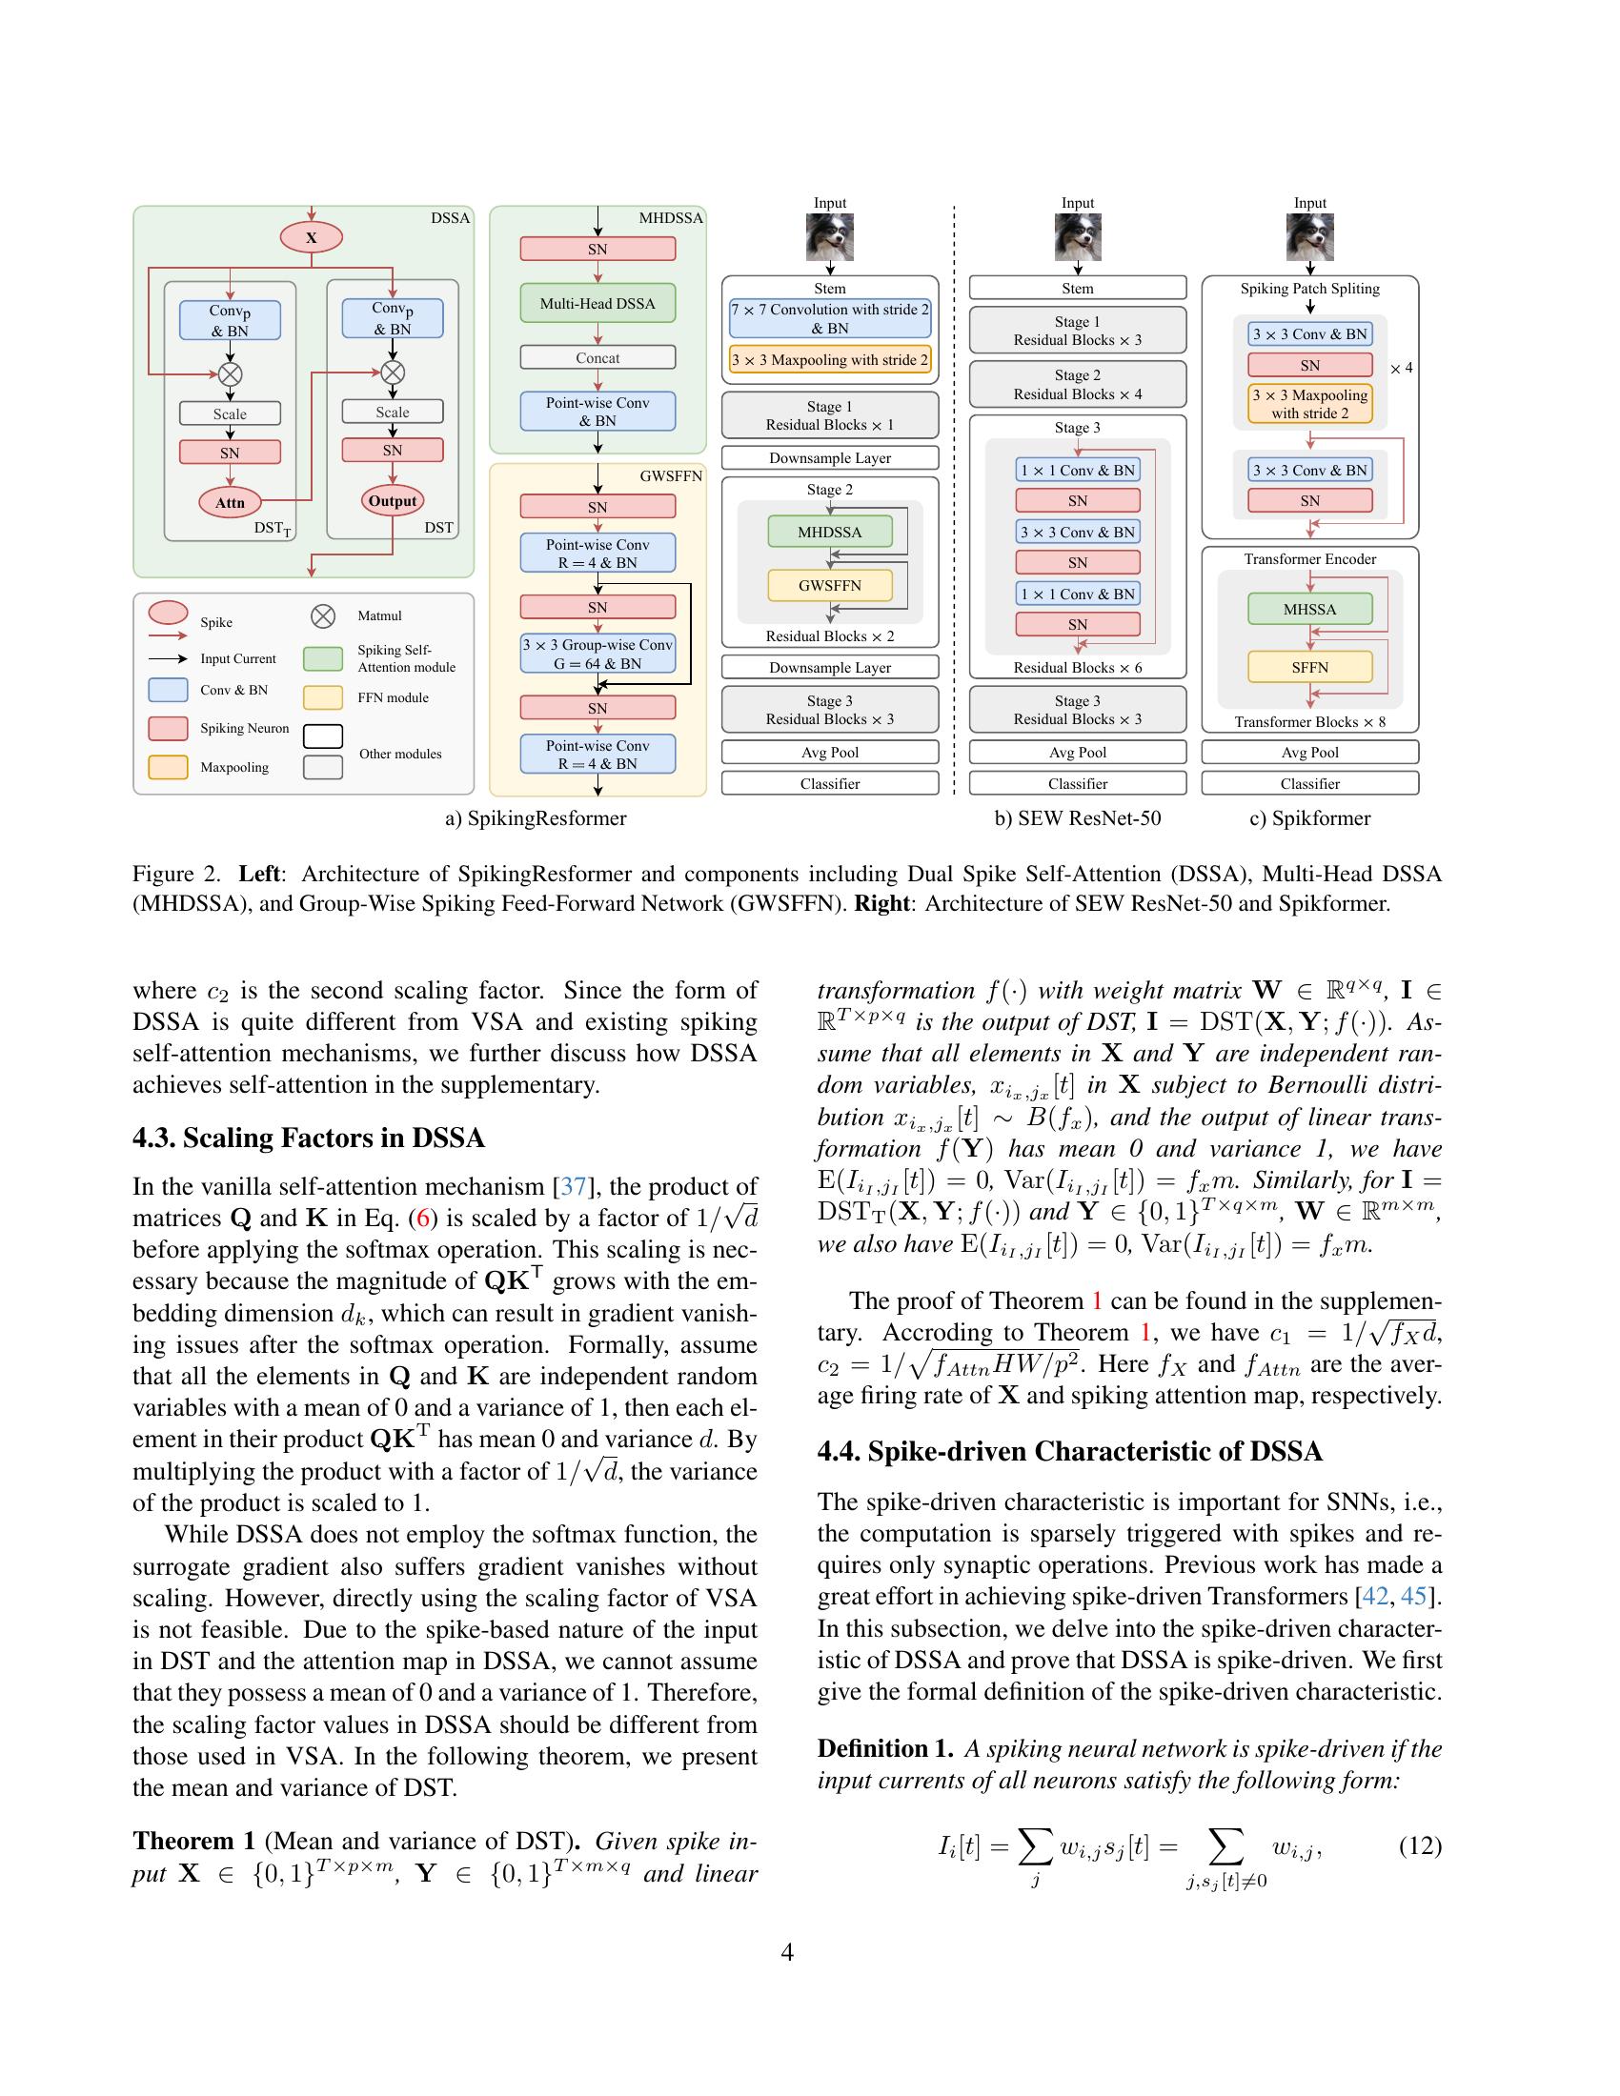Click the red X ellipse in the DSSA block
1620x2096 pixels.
(x=311, y=237)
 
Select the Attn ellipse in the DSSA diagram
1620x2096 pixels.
(x=230, y=502)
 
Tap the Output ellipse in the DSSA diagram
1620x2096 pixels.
(x=393, y=500)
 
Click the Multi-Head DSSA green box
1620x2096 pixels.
(x=597, y=303)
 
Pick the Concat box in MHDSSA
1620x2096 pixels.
(x=597, y=357)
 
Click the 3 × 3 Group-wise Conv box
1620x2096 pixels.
(x=597, y=654)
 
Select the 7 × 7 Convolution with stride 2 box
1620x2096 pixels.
(x=829, y=318)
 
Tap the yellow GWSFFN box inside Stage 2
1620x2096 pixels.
(x=829, y=584)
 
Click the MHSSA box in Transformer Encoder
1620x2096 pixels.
(x=1309, y=609)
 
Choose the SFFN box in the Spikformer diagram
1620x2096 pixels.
(x=1309, y=667)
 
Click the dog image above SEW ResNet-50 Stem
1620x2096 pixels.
(x=1077, y=237)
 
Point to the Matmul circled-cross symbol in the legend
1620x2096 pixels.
(x=323, y=616)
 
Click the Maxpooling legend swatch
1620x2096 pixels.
(x=168, y=767)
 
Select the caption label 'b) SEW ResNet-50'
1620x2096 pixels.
(x=1077, y=818)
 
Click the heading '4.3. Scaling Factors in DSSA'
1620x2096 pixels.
(x=308, y=1139)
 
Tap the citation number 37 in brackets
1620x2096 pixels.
(x=573, y=1187)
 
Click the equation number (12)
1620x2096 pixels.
(x=1420, y=1845)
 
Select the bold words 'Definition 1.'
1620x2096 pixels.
(x=885, y=1748)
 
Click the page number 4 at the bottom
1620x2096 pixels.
(x=787, y=1952)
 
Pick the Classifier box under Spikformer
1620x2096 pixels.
(x=1309, y=783)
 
